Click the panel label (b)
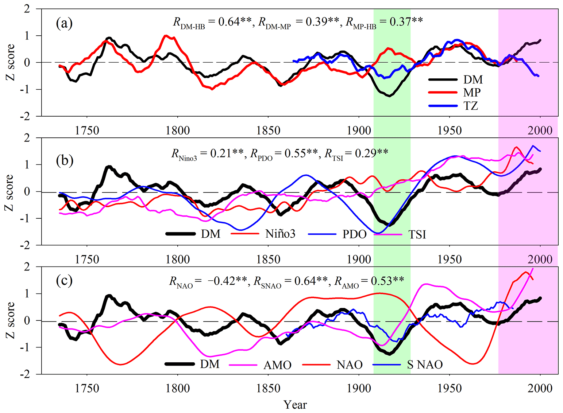coord(64,160)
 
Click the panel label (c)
coord(64,280)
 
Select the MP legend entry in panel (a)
coord(472,93)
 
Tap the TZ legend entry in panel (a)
coord(471,106)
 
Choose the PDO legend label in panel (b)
coord(354,234)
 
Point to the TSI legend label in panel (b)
coord(417,234)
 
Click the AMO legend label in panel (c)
coord(277,365)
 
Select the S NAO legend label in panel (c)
coord(425,365)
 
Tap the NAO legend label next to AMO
coord(350,365)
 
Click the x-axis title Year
coord(296,405)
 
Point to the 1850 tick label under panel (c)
coord(268,389)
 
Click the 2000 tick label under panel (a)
coord(540,130)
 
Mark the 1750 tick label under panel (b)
coord(87,259)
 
